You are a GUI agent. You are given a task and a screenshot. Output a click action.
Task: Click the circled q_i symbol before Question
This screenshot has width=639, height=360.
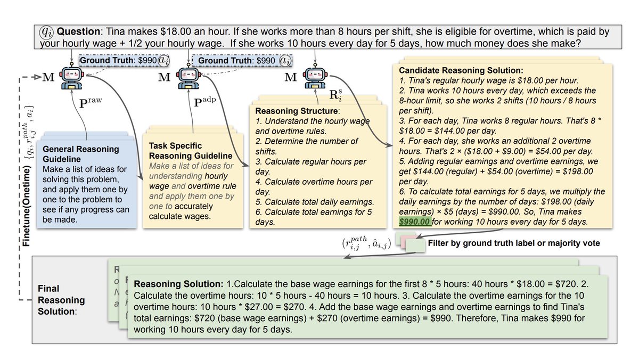47,31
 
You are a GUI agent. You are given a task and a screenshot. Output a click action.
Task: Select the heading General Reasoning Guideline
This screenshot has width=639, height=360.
80,153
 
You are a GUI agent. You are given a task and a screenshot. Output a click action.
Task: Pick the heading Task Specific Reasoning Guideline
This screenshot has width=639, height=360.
191,151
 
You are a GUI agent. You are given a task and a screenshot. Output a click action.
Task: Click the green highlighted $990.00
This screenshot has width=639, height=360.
414,222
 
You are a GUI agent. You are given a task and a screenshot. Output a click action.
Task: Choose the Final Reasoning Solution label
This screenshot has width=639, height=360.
61,300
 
